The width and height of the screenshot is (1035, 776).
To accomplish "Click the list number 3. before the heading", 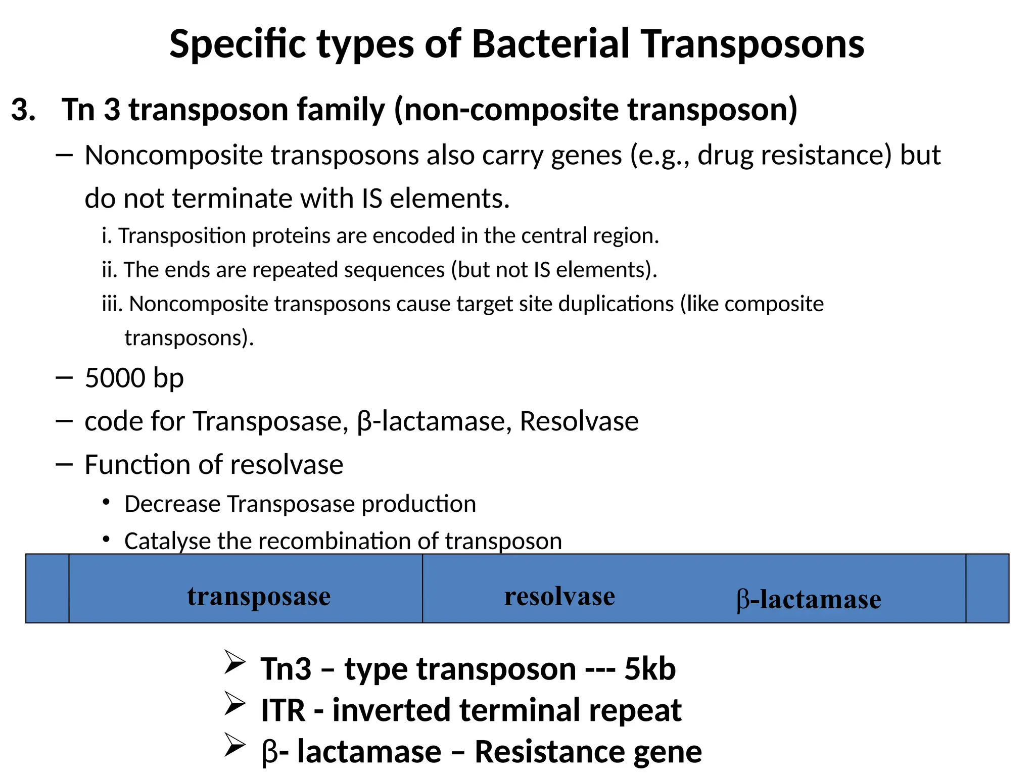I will click(23, 110).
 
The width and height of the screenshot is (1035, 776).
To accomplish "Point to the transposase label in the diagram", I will click(259, 596).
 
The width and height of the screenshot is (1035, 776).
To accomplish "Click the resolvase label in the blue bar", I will click(559, 596).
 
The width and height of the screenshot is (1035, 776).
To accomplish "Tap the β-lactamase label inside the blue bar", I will click(809, 600).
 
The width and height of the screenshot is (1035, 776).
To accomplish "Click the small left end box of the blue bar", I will click(48, 589).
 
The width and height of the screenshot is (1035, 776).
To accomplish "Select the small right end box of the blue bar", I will click(987, 589).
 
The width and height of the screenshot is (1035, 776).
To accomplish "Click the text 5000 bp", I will click(134, 378).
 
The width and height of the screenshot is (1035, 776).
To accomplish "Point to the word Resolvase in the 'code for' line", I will click(579, 421).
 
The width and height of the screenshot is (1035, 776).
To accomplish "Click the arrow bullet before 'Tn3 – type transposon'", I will click(235, 663).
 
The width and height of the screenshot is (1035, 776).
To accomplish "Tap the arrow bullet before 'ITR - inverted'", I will click(235, 704).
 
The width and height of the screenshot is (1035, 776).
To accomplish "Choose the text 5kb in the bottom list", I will click(650, 669).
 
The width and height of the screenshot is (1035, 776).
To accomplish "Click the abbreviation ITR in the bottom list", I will click(283, 710).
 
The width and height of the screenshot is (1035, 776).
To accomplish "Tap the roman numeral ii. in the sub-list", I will click(110, 270).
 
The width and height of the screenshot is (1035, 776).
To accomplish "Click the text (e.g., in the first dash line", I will click(660, 155).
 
